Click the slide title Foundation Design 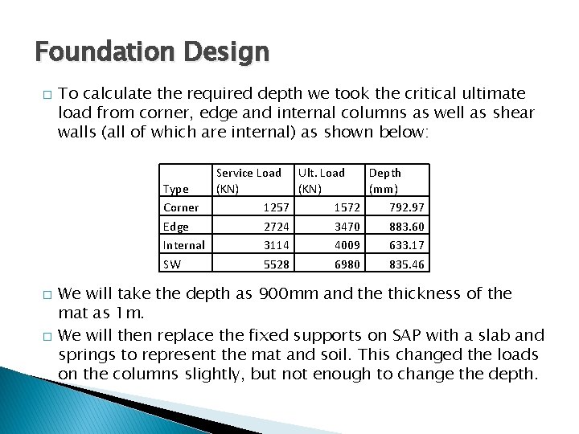pos(152,53)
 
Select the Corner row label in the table pos(180,207)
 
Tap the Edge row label pos(175,227)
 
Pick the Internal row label pos(183,245)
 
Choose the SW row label pos(171,264)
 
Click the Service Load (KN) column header pos(248,180)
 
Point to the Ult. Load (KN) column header pos(321,180)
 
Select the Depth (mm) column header pos(384,180)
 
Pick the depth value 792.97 pos(407,207)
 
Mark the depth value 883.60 pos(407,227)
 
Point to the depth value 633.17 pos(407,245)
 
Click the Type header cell pos(175,189)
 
